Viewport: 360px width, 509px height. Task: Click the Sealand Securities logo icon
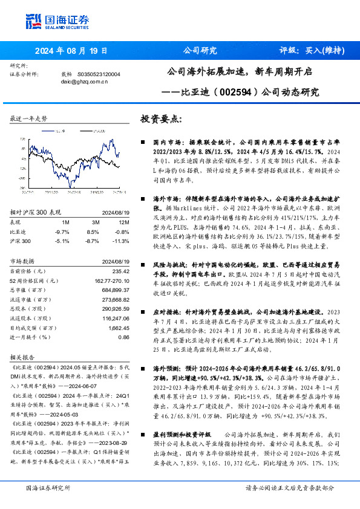pyautogui.click(x=33, y=22)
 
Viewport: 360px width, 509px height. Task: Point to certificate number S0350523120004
pyautogui.click(x=99, y=74)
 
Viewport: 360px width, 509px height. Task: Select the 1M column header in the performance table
pyautogui.click(x=65, y=222)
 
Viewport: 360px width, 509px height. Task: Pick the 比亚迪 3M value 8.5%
pyautogui.click(x=93, y=232)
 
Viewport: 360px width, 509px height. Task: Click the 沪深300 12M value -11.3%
pyautogui.click(x=121, y=240)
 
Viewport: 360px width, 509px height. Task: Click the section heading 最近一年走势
pyautogui.click(x=29, y=118)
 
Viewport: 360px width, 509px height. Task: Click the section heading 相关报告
pyautogui.click(x=23, y=357)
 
